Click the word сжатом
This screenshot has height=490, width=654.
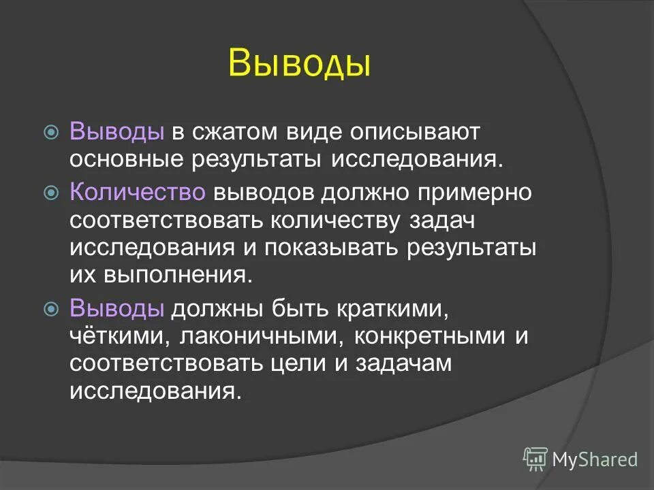point(229,131)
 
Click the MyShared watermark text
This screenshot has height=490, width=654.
point(595,459)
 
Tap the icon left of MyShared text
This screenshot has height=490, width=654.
point(535,459)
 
